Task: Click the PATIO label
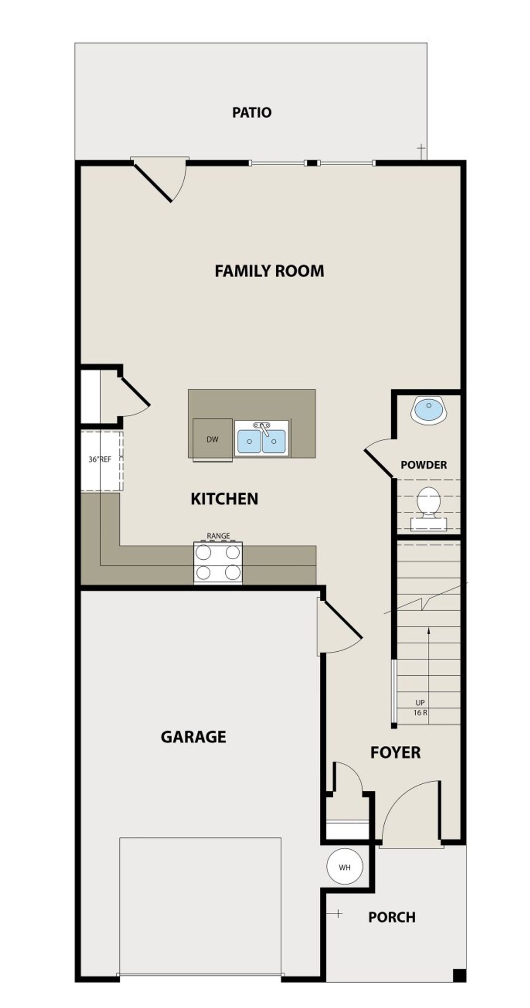coord(251,113)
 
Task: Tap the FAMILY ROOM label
coord(269,271)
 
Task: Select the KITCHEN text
coord(224,499)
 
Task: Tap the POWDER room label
coord(424,465)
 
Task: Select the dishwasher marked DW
coord(212,440)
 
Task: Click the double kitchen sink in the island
coord(262,440)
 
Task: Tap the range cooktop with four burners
coord(218,562)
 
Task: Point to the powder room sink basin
coord(429,409)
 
